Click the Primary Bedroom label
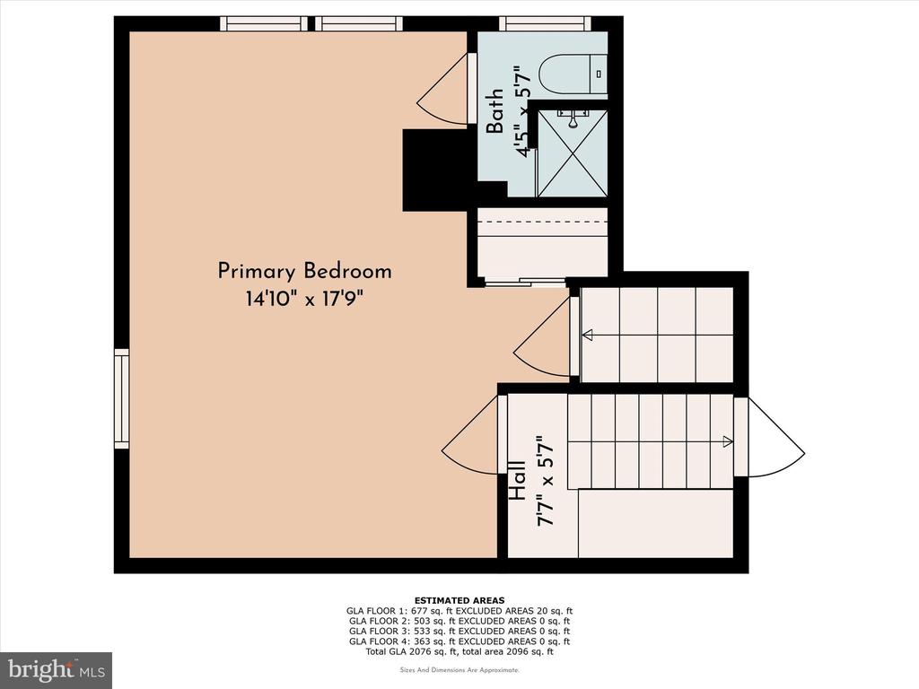tap(304, 272)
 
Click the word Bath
tap(495, 110)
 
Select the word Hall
tap(517, 479)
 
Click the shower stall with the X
tap(572, 153)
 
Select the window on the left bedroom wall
tap(121, 398)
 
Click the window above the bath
tap(545, 23)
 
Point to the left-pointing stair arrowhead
tap(587, 336)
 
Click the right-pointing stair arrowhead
tap(727, 441)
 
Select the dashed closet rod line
tap(542, 222)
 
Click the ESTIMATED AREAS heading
tap(459, 600)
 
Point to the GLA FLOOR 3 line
tap(459, 631)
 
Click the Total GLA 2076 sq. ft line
tap(459, 651)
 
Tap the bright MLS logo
tap(57, 669)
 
